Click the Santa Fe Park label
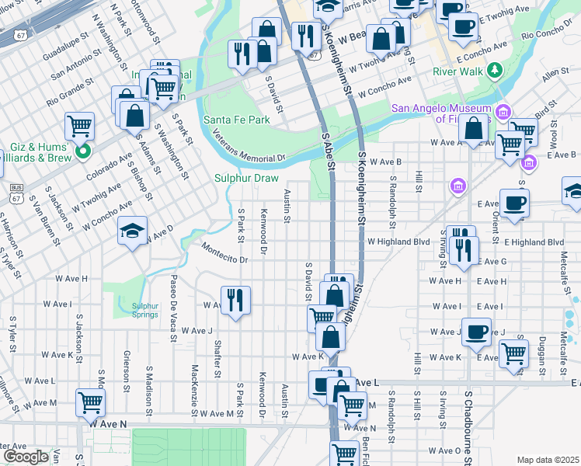pyautogui.click(x=236, y=120)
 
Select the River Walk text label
pyautogui.click(x=458, y=71)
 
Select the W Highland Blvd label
pyautogui.click(x=398, y=242)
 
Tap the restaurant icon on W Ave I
pyautogui.click(x=235, y=299)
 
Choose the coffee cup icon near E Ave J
pyautogui.click(x=476, y=330)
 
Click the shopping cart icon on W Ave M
pyautogui.click(x=91, y=402)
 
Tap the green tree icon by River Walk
pyautogui.click(x=494, y=71)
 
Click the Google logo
pyautogui.click(x=26, y=457)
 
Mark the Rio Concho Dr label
pyautogui.click(x=548, y=35)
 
